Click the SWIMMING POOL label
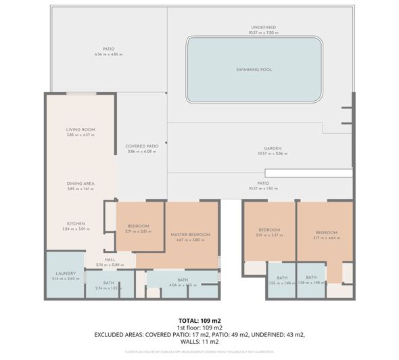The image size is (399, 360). (254, 70)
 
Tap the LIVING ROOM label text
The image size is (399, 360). (80, 129)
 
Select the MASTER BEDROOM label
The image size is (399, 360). (190, 234)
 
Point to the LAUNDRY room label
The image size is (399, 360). (65, 273)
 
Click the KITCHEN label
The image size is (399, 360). (75, 223)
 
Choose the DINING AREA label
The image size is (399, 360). (80, 183)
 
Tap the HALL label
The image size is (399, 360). (110, 259)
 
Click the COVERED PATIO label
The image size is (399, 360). (141, 145)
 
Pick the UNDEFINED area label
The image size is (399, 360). (262, 27)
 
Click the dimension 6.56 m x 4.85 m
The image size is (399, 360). (108, 54)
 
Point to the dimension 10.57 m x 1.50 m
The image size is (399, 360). (263, 188)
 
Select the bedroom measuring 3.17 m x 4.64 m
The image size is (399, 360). (325, 234)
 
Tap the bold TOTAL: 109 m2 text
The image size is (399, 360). (199, 320)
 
